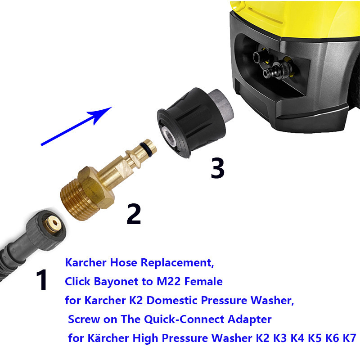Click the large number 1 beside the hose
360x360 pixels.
[x=42, y=280]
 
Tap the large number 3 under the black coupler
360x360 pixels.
[x=217, y=168]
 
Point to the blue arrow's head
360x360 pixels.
[x=101, y=114]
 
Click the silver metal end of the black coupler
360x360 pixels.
[x=221, y=104]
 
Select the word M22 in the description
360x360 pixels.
[x=168, y=282]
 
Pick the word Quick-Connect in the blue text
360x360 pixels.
[x=184, y=319]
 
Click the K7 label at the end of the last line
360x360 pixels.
[x=349, y=338]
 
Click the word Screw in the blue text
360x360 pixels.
[x=84, y=319]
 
